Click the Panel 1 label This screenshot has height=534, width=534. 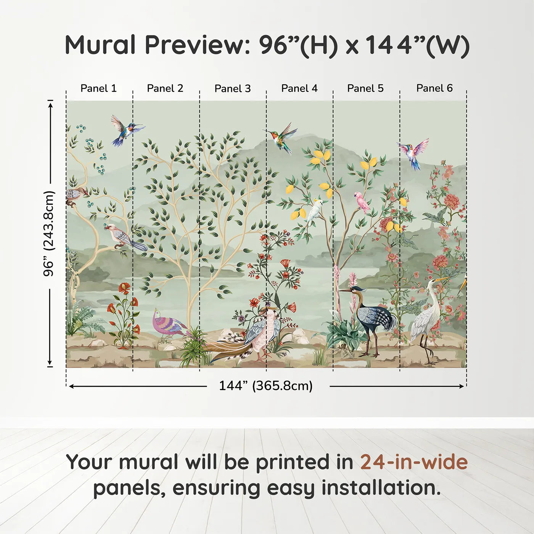tap(98, 88)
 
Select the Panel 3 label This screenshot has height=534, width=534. tap(233, 88)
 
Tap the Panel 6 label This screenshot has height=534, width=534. tap(434, 88)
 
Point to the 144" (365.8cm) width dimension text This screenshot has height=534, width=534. tap(266, 386)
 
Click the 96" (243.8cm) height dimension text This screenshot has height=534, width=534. tap(49, 233)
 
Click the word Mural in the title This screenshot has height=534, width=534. tap(100, 45)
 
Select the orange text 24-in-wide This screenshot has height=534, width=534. tap(414, 462)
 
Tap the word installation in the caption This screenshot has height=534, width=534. tap(381, 488)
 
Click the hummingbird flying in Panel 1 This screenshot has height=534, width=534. tap(126, 130)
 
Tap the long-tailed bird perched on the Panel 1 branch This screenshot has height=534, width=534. tap(125, 238)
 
